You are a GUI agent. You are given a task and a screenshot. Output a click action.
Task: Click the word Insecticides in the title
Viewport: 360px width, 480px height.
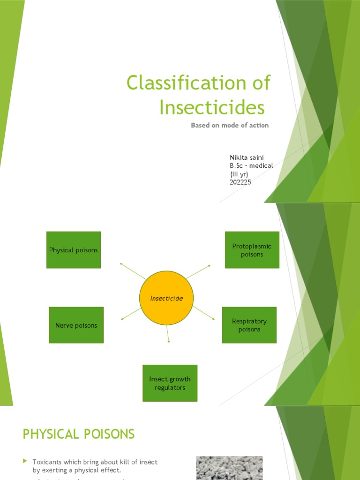(x=211, y=107)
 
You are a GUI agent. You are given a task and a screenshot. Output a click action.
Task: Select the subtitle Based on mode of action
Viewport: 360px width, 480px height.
(x=230, y=126)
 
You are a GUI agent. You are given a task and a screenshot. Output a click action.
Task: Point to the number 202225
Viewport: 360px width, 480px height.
(x=240, y=182)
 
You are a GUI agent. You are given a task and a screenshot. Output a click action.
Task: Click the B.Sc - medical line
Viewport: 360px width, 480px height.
(x=251, y=165)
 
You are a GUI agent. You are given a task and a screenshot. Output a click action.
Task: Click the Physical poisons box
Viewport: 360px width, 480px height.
(x=74, y=250)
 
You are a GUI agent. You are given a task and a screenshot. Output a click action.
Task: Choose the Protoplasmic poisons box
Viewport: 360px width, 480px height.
(x=252, y=250)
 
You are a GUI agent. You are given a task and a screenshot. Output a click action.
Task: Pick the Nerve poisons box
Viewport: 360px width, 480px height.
(x=76, y=325)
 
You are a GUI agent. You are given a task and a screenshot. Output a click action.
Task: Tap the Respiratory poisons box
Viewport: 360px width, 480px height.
(x=249, y=325)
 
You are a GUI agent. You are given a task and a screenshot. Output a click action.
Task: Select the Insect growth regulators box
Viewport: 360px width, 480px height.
(x=170, y=383)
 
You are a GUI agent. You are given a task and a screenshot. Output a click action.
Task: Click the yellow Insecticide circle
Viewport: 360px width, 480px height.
(x=166, y=298)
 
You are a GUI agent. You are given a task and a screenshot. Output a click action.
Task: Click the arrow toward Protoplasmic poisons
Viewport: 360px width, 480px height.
(x=200, y=271)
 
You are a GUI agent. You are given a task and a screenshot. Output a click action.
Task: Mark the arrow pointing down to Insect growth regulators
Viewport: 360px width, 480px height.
(x=168, y=334)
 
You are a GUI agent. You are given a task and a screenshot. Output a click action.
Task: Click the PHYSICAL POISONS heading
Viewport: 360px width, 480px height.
(x=78, y=434)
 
